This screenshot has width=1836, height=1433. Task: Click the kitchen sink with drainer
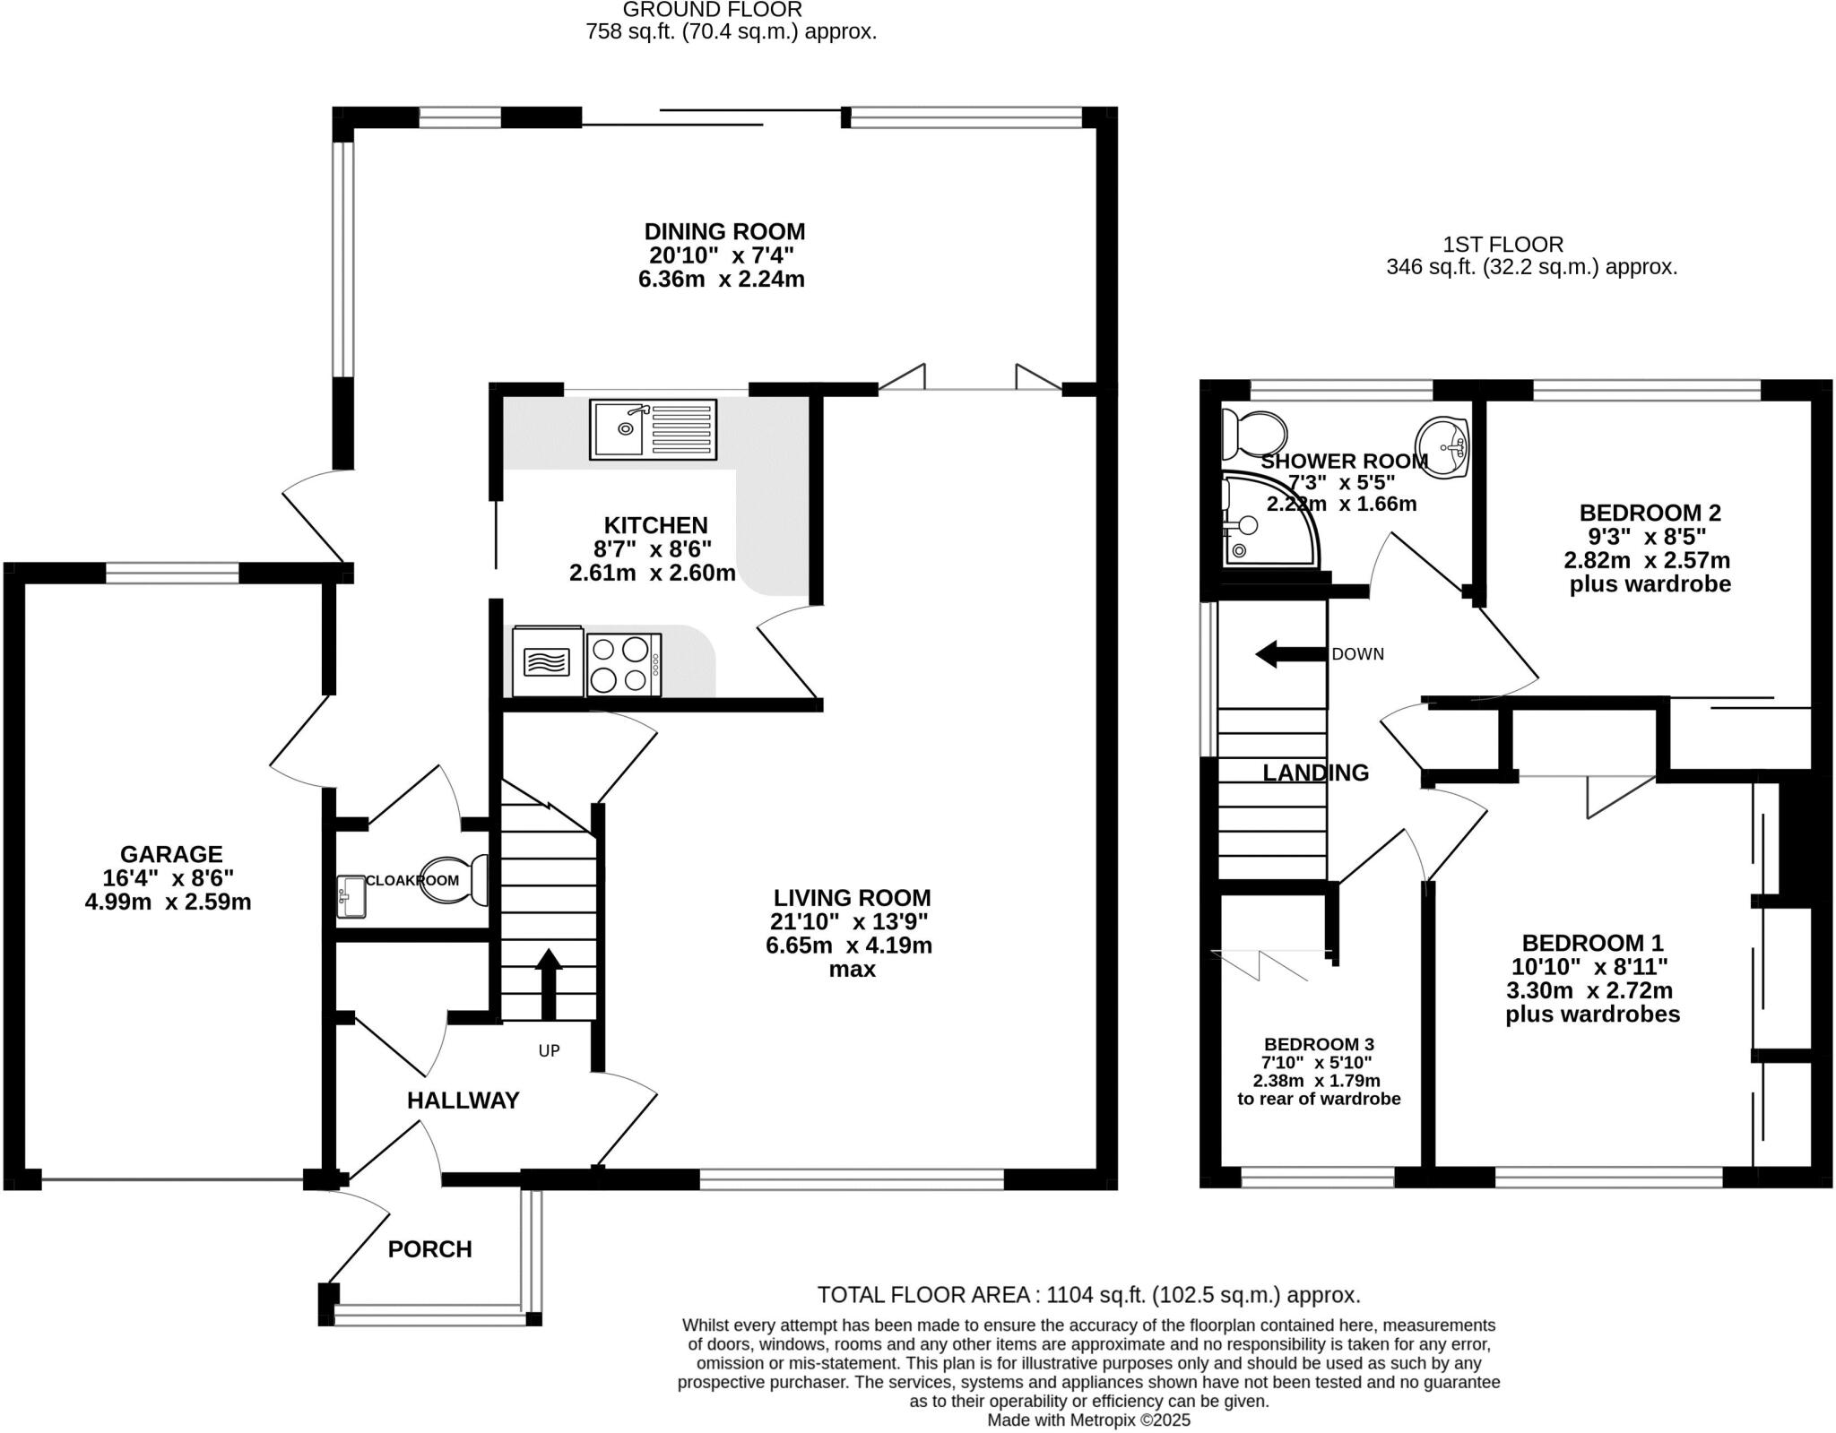[x=653, y=429]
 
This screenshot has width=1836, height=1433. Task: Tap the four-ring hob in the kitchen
[x=624, y=664]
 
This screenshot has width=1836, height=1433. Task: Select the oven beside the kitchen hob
[x=547, y=662]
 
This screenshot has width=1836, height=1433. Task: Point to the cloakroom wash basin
[x=351, y=896]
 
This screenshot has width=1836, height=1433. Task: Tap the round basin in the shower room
[x=1443, y=445]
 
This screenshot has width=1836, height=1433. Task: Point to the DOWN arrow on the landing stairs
[x=1289, y=654]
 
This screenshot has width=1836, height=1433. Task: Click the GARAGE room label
[x=171, y=854]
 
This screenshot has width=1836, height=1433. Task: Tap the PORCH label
[x=429, y=1248]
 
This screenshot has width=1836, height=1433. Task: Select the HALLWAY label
[x=463, y=1101]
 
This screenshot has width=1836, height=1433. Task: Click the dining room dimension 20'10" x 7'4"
[x=721, y=255]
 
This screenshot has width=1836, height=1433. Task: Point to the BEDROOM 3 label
[x=1318, y=1044]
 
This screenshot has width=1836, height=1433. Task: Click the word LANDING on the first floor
[x=1315, y=773]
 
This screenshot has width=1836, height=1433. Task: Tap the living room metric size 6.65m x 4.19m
[x=848, y=945]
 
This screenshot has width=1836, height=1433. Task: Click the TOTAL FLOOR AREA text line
[x=1088, y=1295]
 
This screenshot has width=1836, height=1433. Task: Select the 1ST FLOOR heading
[x=1503, y=244]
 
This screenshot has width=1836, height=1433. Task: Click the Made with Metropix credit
[x=1088, y=1420]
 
